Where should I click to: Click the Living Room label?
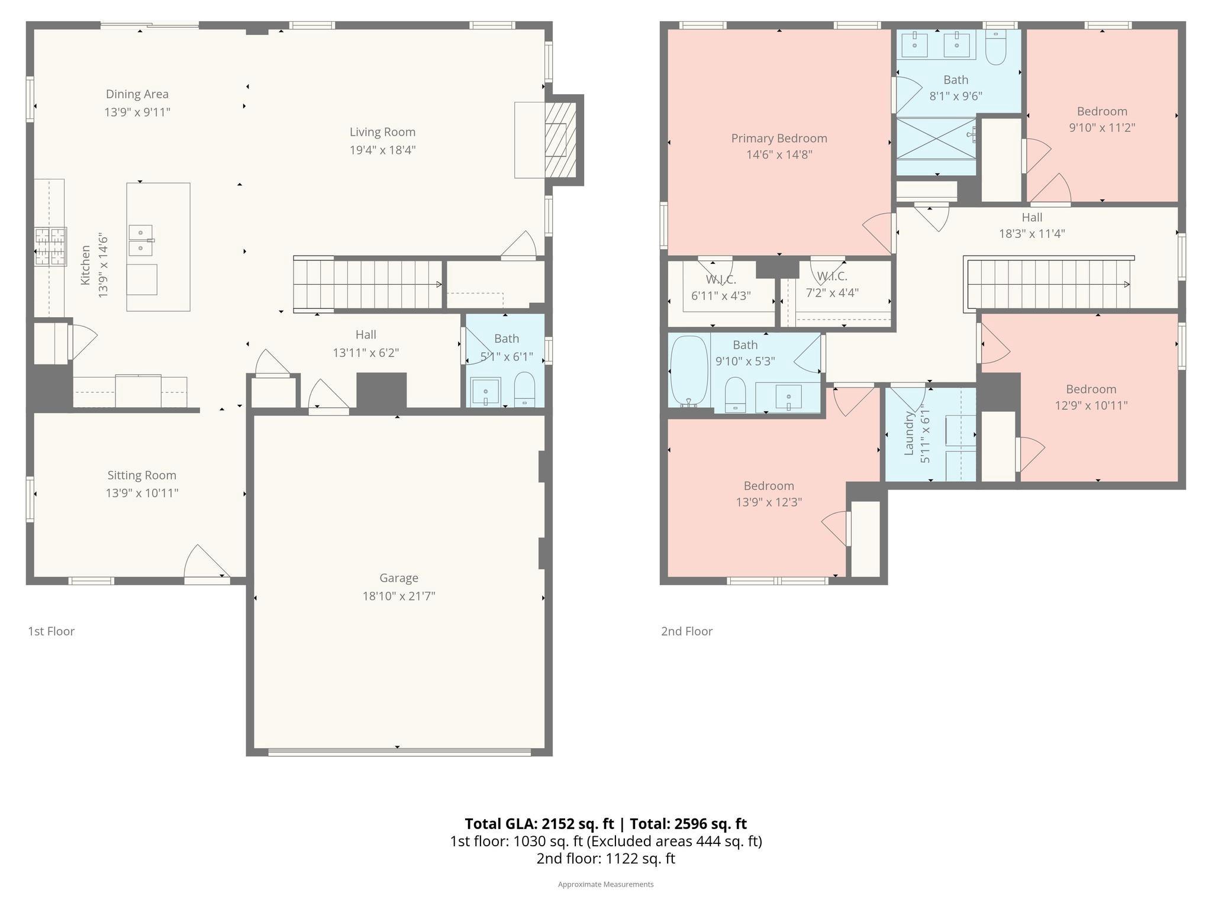click(x=382, y=132)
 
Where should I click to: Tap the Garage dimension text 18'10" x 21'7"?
click(x=399, y=596)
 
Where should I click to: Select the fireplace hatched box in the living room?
click(x=560, y=140)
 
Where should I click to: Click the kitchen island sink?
click(x=141, y=240)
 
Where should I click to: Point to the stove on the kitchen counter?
click(x=50, y=247)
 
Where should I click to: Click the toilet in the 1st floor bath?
click(x=524, y=389)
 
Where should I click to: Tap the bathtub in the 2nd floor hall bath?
click(x=689, y=371)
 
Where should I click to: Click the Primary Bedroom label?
click(x=779, y=138)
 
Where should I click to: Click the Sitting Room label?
click(x=142, y=475)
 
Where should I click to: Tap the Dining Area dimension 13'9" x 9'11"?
click(x=137, y=112)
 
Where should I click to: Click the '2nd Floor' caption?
click(x=686, y=631)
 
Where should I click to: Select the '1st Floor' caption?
click(x=51, y=631)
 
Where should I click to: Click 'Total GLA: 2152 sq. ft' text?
click(x=539, y=824)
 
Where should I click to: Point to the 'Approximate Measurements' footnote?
click(x=605, y=884)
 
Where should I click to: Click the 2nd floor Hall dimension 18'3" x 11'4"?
click(x=1032, y=234)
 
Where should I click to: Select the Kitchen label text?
click(x=86, y=265)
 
